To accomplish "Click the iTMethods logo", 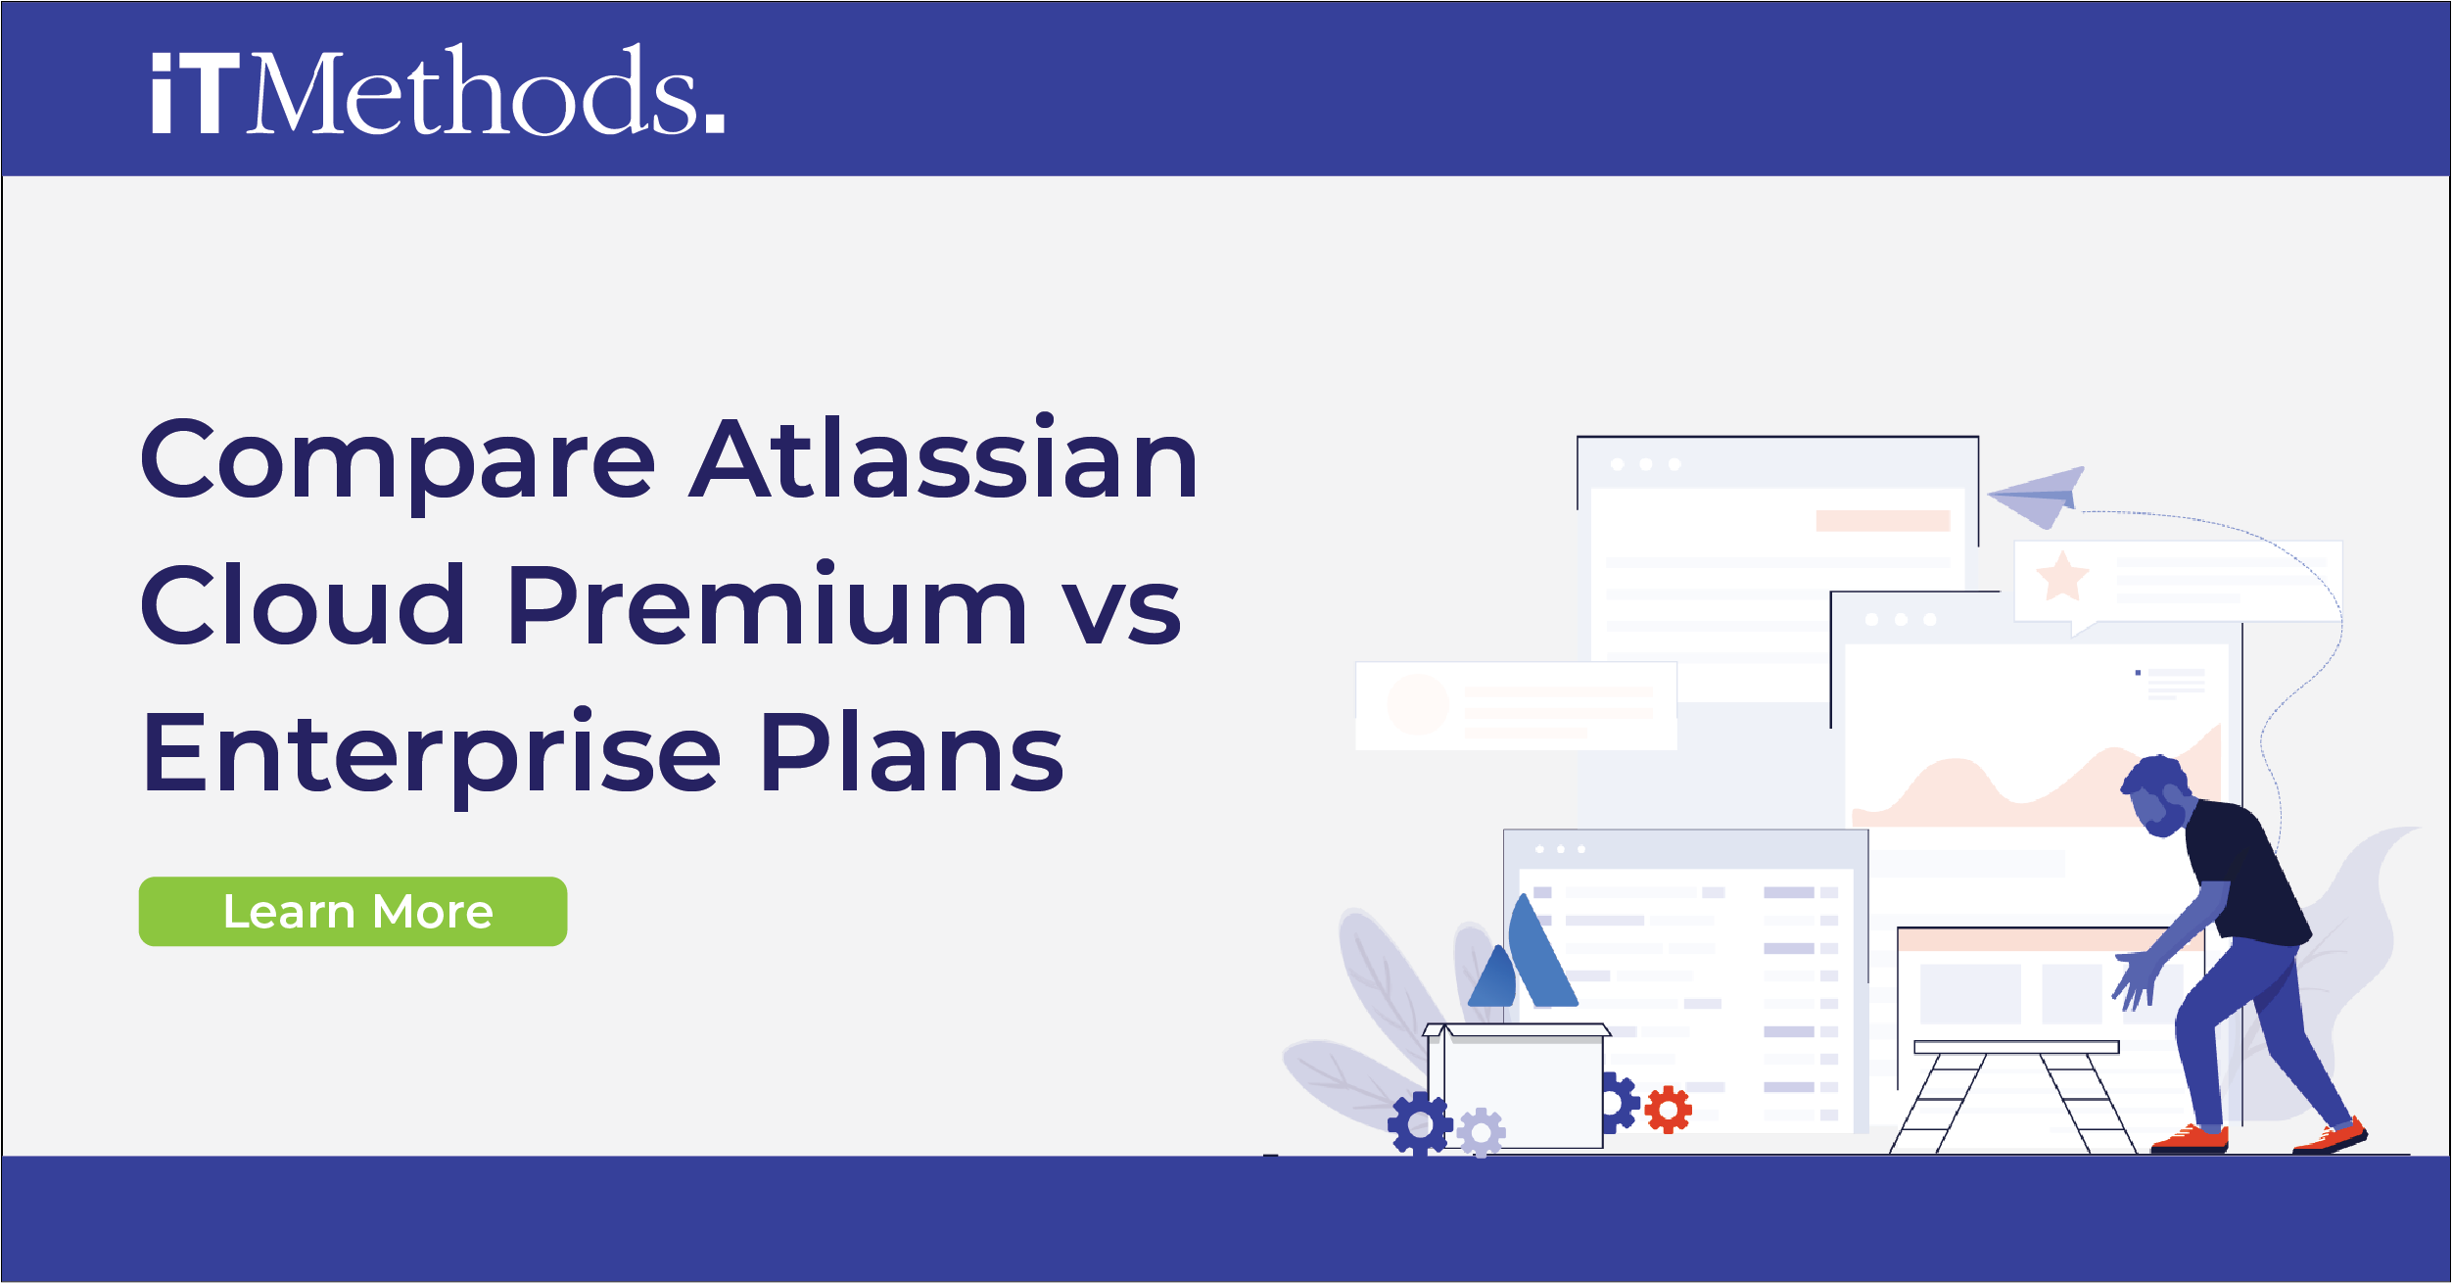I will (437, 90).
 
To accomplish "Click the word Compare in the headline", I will (398, 460).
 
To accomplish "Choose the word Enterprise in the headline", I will (432, 754).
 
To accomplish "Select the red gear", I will (1668, 1110).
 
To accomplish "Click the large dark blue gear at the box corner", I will (1419, 1124).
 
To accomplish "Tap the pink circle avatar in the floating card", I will (1417, 703).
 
